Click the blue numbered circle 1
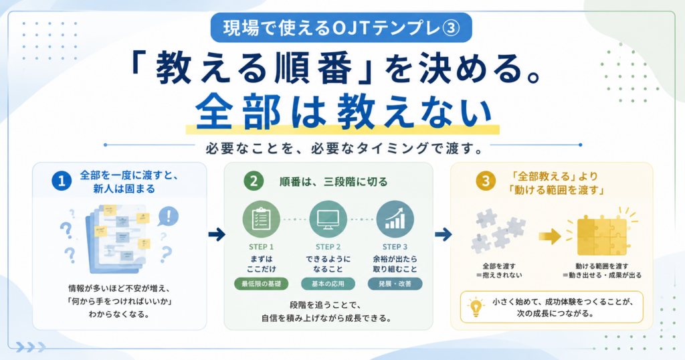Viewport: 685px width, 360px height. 62,181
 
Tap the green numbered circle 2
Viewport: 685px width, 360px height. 254,181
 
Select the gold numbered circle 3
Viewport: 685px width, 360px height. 486,181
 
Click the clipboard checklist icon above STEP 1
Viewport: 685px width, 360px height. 262,219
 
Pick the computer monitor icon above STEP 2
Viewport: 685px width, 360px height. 328,219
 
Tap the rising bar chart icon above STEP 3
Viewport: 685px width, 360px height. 395,219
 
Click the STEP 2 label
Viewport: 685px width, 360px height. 328,247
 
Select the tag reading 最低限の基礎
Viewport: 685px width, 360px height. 262,284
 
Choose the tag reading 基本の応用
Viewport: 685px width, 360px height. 328,284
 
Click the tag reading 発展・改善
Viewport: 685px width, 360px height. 395,284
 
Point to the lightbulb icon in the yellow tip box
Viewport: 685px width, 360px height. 476,306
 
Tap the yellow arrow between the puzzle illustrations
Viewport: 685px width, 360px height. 550,236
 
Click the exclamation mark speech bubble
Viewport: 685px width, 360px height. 168,216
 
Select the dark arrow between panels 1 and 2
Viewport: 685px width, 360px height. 217,235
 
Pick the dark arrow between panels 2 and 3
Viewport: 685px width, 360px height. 443,235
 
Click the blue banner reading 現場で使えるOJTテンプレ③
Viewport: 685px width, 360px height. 341,28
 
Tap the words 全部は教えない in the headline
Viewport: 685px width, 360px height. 344,112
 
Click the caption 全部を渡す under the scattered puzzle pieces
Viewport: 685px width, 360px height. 499,266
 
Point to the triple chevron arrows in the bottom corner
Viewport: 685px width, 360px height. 31,347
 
